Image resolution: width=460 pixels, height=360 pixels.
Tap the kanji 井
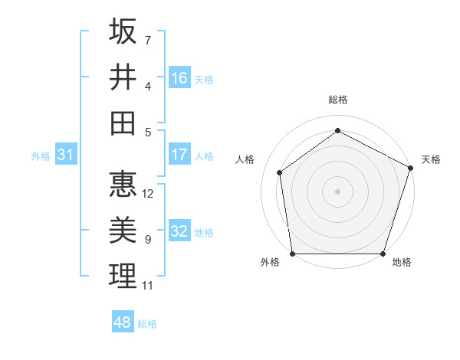pyautogui.click(x=123, y=77)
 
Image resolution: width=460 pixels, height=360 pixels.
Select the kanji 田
pyautogui.click(x=123, y=123)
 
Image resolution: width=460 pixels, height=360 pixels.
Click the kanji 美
pyautogui.click(x=123, y=231)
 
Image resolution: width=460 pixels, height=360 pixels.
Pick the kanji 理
pyautogui.click(x=123, y=277)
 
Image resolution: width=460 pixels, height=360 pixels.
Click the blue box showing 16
pyautogui.click(x=179, y=77)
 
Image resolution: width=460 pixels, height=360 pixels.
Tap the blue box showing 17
pyautogui.click(x=179, y=155)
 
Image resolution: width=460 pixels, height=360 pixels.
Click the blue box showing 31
pyautogui.click(x=65, y=155)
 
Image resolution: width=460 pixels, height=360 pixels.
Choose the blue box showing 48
pyautogui.click(x=122, y=322)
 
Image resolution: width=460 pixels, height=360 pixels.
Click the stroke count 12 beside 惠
pyautogui.click(x=149, y=194)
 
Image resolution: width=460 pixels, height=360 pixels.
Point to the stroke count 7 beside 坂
pyautogui.click(x=148, y=40)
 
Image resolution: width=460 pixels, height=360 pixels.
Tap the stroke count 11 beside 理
pyautogui.click(x=148, y=286)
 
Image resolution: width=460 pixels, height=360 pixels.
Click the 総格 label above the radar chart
pyautogui.click(x=337, y=100)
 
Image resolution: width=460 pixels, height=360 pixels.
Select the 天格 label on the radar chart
pyautogui.click(x=432, y=159)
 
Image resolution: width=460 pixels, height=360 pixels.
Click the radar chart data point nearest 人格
pyautogui.click(x=280, y=172)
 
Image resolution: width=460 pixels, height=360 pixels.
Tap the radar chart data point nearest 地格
pyautogui.click(x=383, y=254)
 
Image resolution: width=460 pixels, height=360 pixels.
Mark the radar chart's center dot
pyautogui.click(x=337, y=191)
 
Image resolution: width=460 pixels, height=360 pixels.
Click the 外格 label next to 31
pyautogui.click(x=41, y=156)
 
